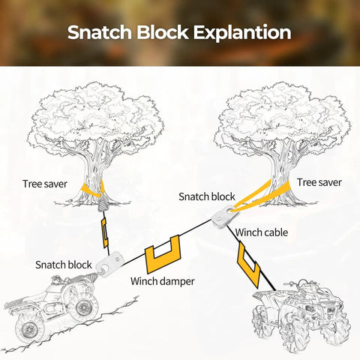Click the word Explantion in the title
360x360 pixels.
point(242,33)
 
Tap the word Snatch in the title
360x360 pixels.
point(100,32)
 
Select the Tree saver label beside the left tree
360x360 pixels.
point(45,184)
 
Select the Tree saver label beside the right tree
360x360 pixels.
point(319,182)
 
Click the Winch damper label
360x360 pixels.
point(163,281)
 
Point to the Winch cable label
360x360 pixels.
point(262,232)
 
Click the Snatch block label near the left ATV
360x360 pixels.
point(64,265)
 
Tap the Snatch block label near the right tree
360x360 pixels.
point(207,196)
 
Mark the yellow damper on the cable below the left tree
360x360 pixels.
point(104,232)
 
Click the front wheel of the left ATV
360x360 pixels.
point(84,307)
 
